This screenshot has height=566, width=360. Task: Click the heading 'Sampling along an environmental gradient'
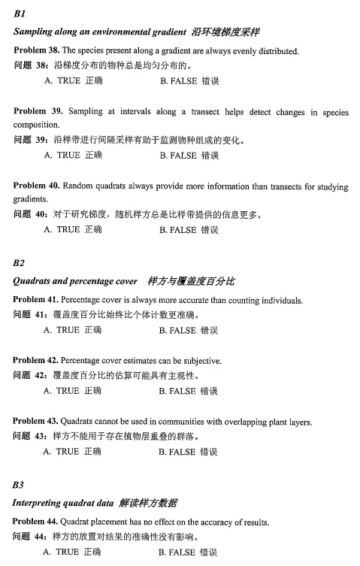tap(100, 32)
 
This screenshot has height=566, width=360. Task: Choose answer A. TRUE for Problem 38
tap(73, 80)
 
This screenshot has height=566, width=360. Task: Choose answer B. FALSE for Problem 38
tap(189, 80)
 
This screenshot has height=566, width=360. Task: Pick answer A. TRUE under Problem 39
tap(73, 155)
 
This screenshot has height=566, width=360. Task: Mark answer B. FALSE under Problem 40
tap(189, 229)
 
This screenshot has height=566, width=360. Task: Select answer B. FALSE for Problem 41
tap(189, 329)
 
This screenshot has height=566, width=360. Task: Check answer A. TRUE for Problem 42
tap(73, 391)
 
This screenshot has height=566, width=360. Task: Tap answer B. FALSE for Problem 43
tap(189, 452)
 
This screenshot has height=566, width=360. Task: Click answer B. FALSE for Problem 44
tap(189, 552)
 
